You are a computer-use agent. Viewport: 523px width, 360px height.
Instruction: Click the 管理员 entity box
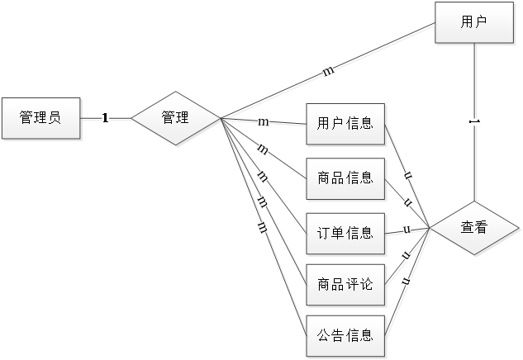click(40, 118)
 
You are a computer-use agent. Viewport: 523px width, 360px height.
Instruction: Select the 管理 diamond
click(175, 118)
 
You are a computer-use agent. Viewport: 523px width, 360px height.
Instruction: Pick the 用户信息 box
click(345, 125)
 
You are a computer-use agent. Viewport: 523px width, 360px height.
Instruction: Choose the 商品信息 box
click(345, 178)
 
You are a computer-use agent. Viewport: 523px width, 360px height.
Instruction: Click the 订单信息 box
click(345, 232)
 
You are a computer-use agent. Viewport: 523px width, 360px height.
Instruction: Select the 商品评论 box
click(345, 285)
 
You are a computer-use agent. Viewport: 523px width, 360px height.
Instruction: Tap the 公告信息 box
click(345, 335)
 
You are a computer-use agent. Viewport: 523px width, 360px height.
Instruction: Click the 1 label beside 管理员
click(106, 118)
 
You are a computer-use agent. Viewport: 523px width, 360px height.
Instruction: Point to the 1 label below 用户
click(473, 122)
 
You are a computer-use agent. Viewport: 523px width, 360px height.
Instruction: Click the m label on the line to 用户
click(328, 72)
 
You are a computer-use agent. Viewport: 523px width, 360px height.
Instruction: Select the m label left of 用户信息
click(264, 122)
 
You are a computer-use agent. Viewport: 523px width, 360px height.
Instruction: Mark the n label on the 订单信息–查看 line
click(407, 230)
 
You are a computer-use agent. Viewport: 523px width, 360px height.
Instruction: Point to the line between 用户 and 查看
click(473, 165)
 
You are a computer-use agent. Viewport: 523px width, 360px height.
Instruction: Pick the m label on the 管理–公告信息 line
click(262, 225)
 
